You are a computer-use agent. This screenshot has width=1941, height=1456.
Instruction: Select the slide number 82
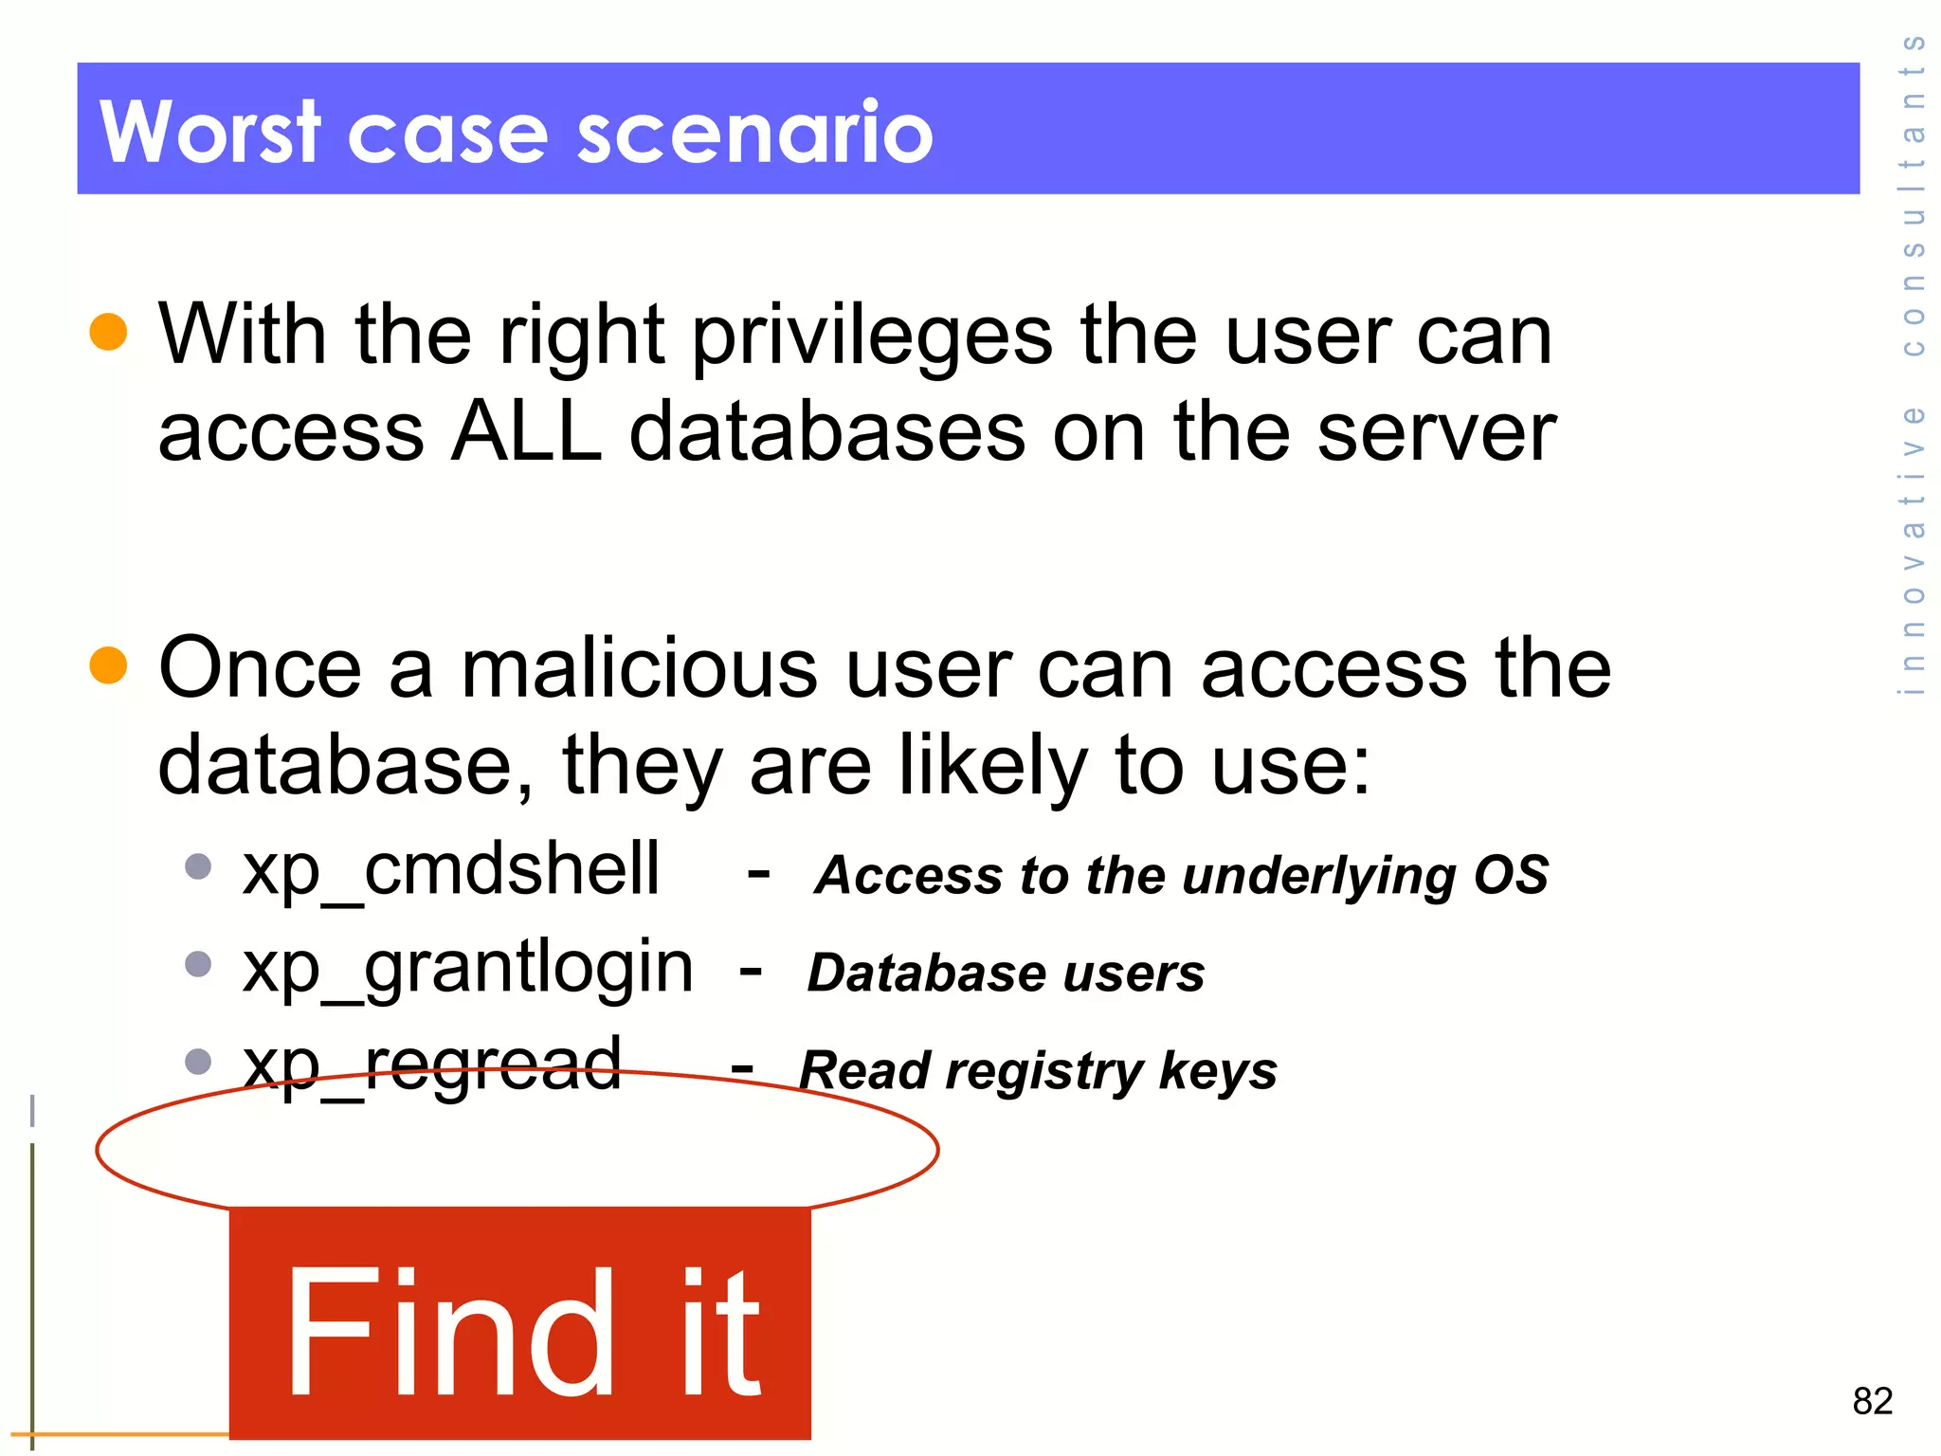click(1872, 1400)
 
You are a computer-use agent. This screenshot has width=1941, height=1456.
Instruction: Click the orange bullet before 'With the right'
click(108, 332)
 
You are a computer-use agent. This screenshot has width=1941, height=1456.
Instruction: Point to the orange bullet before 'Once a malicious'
click(108, 664)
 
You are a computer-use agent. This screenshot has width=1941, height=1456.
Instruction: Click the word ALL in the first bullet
click(526, 432)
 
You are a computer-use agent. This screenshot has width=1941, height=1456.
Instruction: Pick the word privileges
click(872, 337)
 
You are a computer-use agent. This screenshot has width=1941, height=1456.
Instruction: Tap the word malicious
click(639, 668)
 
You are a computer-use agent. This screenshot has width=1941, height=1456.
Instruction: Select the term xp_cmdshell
click(450, 870)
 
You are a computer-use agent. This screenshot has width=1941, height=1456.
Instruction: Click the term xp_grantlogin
click(467, 968)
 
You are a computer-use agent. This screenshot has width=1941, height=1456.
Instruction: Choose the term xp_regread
click(432, 1065)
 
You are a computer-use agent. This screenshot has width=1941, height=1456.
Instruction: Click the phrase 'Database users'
click(1006, 973)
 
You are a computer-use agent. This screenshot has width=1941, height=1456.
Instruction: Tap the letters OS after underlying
click(1511, 874)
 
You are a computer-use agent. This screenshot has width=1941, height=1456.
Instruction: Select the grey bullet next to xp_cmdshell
click(198, 866)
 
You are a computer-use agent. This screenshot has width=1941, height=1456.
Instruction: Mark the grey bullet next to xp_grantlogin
click(198, 964)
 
